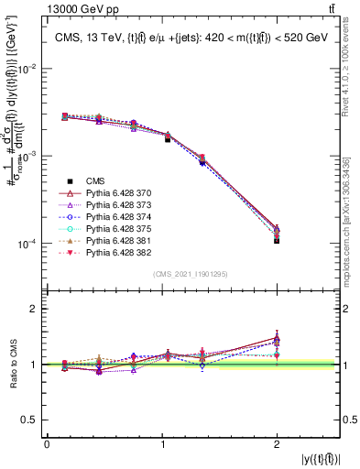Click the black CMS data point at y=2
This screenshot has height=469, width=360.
point(277,240)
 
